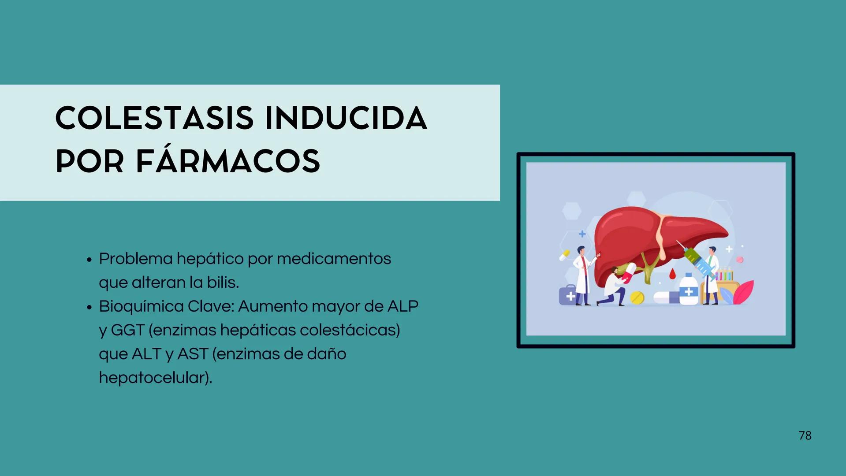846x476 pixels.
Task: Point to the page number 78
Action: coord(805,435)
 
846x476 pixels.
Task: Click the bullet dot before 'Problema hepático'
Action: coord(89,260)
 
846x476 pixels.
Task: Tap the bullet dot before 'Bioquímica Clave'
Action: coord(89,307)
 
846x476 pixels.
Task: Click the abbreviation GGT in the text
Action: coord(127,330)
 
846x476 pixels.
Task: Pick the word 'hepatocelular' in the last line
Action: coord(152,378)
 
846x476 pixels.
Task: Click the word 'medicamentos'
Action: coord(334,259)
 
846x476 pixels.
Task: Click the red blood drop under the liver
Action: coord(672,273)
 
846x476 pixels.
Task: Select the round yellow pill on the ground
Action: coord(637,298)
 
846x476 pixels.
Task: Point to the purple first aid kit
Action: coord(568,295)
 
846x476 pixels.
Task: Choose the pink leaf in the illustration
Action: coord(744,292)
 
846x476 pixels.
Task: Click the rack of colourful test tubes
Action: coord(723,274)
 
